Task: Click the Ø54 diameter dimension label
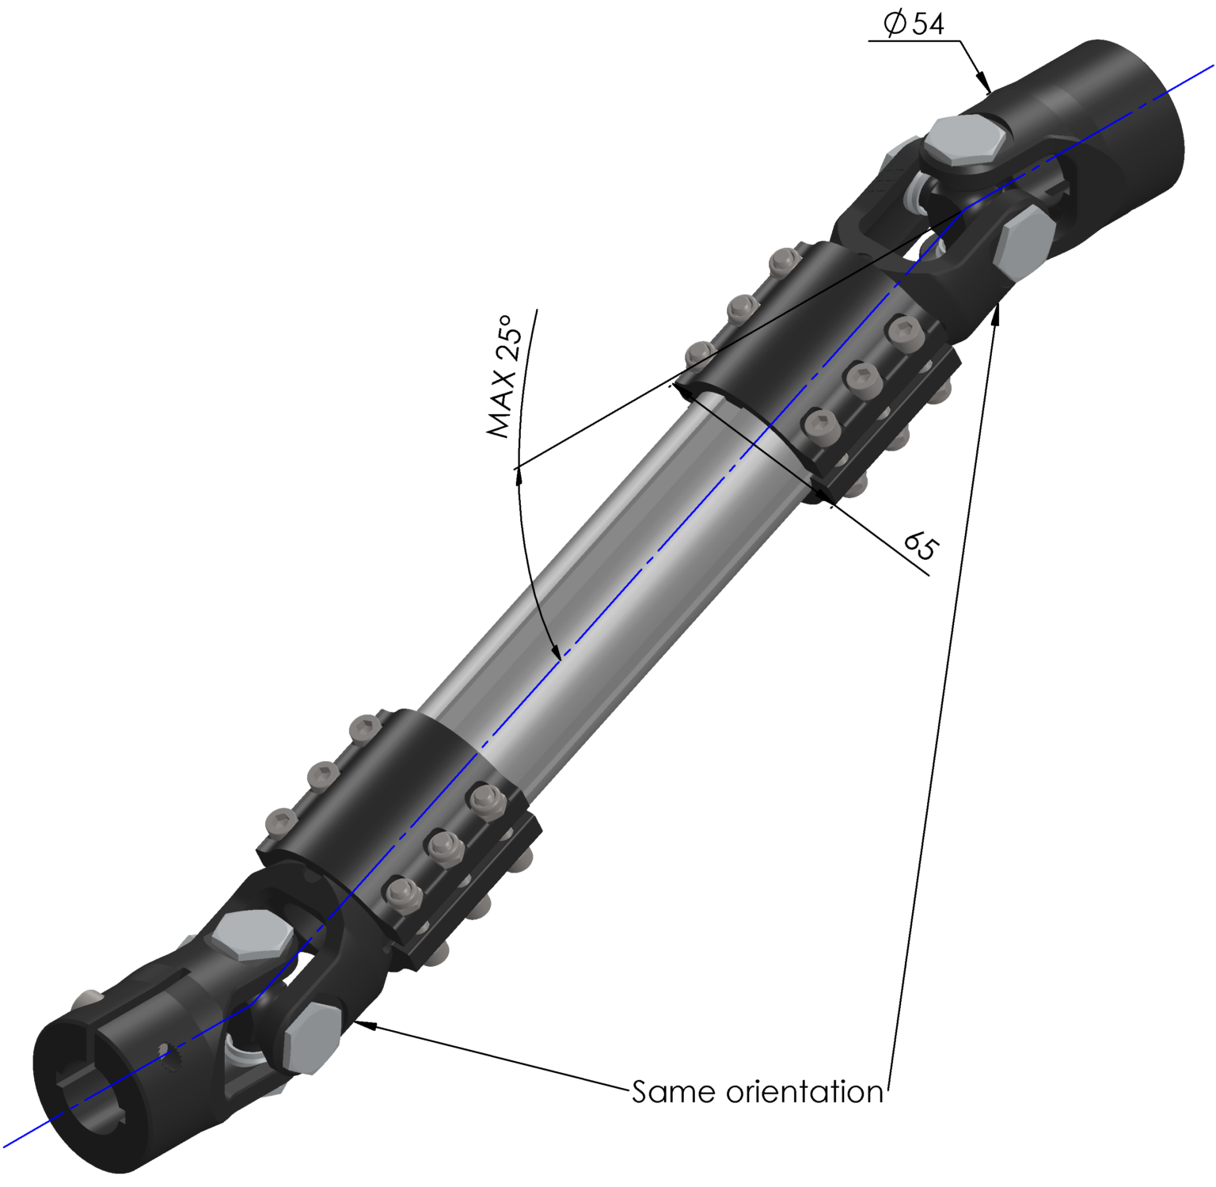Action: (x=914, y=24)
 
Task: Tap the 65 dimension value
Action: (x=921, y=546)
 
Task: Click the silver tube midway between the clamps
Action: (x=602, y=570)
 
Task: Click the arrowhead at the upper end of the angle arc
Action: (x=519, y=475)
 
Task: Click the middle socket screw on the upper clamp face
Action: (x=862, y=379)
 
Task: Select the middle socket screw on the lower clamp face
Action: (x=446, y=846)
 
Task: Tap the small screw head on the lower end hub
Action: (x=89, y=999)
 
